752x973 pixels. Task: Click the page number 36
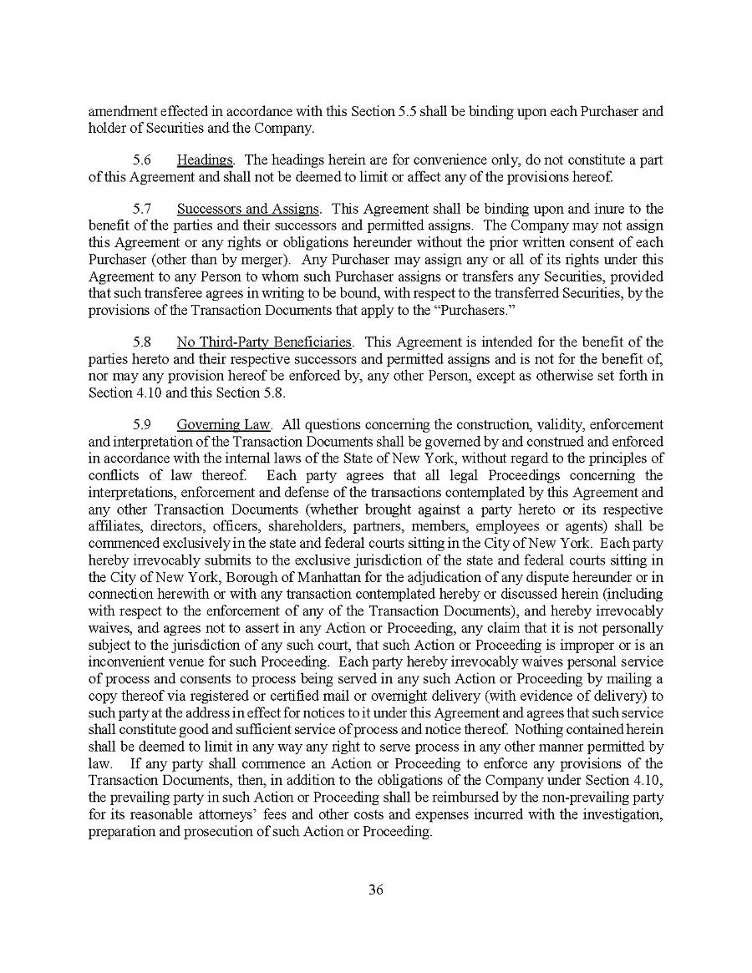tap(375, 889)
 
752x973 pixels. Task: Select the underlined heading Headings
tap(205, 160)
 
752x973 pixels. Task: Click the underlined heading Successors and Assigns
tap(247, 208)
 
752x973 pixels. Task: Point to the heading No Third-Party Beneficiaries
tap(264, 342)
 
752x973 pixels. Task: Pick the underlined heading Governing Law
tap(222, 424)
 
